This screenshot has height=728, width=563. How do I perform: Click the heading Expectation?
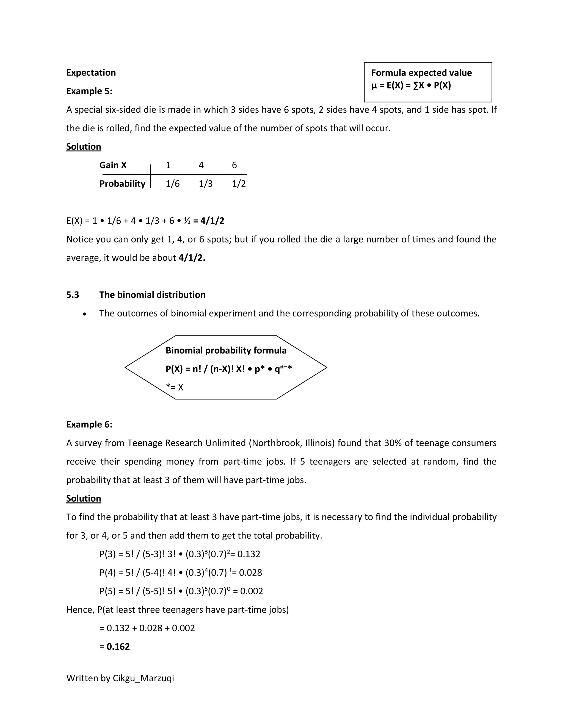(91, 73)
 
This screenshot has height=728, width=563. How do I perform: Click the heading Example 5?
(89, 91)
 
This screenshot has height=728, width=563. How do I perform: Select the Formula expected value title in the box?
(421, 73)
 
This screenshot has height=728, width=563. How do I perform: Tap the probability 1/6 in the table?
(172, 184)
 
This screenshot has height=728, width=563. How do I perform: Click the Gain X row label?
(113, 165)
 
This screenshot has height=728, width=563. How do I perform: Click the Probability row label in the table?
(122, 184)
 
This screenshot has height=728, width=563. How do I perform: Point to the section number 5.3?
(73, 295)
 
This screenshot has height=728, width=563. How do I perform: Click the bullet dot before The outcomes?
(85, 314)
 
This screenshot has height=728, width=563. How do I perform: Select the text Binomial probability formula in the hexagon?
(226, 350)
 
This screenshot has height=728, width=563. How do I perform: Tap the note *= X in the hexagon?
(175, 387)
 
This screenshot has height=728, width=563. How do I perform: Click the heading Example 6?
(89, 424)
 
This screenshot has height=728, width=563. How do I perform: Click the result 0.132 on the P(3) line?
(249, 554)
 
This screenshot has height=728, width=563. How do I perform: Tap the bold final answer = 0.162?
(114, 647)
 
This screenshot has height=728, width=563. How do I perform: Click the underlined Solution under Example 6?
(83, 498)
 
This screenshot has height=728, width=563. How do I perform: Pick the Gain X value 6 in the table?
(234, 165)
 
